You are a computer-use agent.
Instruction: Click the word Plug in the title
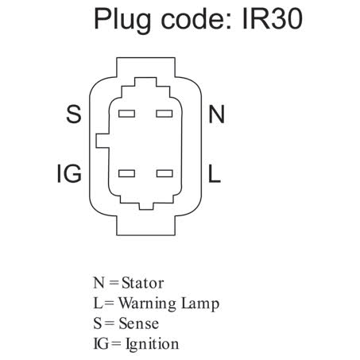(122, 20)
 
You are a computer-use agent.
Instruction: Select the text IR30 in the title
(273, 18)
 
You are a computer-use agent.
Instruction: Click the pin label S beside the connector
(74, 114)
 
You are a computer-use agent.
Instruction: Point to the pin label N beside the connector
(217, 114)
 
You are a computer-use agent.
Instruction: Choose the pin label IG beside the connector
(69, 173)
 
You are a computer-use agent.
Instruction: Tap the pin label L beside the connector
(215, 173)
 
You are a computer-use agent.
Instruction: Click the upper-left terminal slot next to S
(126, 114)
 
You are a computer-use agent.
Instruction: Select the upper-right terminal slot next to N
(165, 114)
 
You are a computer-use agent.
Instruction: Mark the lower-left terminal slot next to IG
(126, 173)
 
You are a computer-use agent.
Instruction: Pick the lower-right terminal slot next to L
(165, 173)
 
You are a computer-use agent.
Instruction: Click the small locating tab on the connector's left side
(103, 141)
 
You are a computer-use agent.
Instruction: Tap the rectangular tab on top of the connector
(145, 68)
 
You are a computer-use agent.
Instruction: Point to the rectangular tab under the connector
(145, 226)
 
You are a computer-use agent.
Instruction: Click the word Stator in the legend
(142, 283)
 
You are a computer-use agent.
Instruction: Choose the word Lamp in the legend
(200, 304)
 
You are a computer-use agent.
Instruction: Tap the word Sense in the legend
(139, 323)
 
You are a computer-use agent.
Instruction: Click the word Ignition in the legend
(153, 344)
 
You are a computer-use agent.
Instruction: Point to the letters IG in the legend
(101, 343)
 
